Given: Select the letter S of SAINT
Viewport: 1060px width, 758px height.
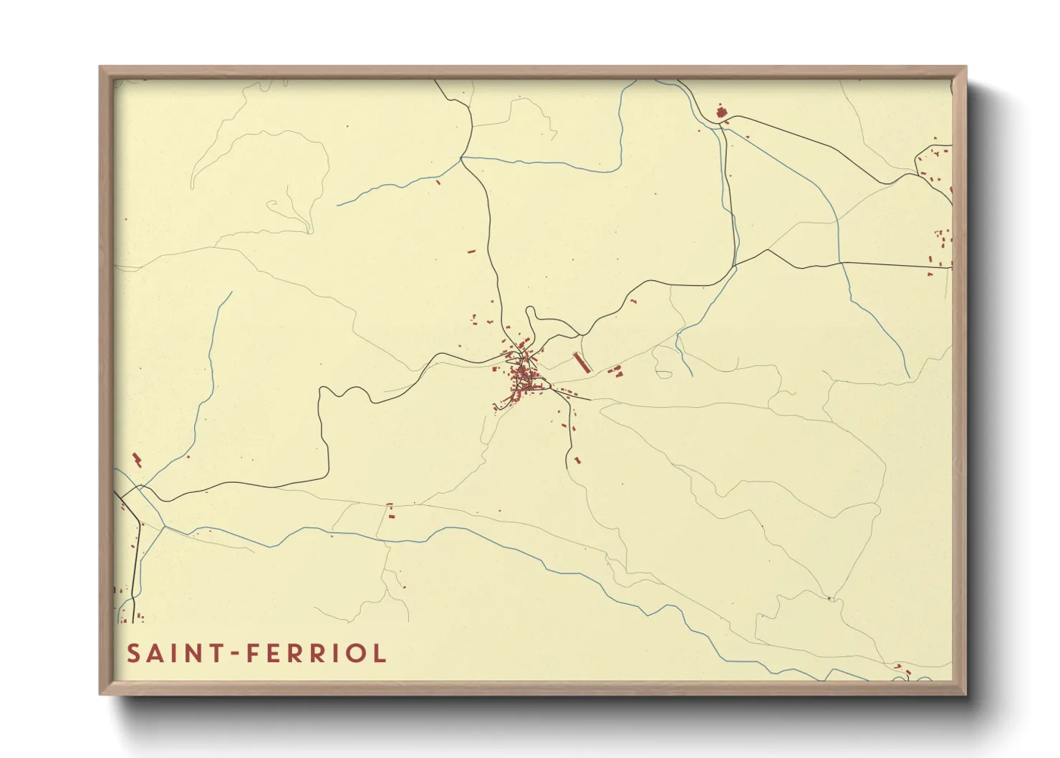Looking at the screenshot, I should coord(133,653).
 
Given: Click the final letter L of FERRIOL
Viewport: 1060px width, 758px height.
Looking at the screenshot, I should coord(379,653).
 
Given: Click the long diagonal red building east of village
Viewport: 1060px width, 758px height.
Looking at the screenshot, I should coord(582,363).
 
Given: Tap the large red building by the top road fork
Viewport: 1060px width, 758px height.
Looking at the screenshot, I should coord(721,112).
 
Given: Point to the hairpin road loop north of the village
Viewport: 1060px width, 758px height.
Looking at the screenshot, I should coord(530,315).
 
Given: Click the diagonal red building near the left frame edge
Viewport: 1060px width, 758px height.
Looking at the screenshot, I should coord(137,460).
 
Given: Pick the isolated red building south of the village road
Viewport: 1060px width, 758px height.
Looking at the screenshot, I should coord(577,460).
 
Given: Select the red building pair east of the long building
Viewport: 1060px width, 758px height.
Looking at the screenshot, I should coord(616,371).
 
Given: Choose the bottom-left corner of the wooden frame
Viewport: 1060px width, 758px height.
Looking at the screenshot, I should coord(101,694).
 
